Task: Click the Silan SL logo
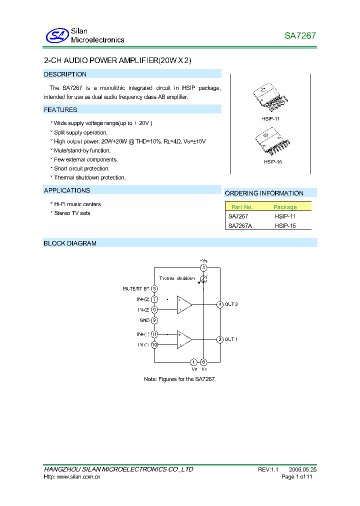pyautogui.click(x=56, y=35)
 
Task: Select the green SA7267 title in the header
pyautogui.click(x=300, y=36)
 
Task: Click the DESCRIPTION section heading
pyautogui.click(x=65, y=74)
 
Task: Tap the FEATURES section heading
pyautogui.click(x=60, y=110)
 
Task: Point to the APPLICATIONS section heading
pyautogui.click(x=67, y=190)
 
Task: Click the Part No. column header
pyautogui.click(x=242, y=207)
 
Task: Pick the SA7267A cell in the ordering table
pyautogui.click(x=240, y=225)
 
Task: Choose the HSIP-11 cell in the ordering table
pyautogui.click(x=285, y=216)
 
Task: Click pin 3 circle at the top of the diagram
pyautogui.click(x=203, y=268)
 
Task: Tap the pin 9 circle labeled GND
pyautogui.click(x=154, y=320)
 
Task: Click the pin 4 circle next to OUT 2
pyautogui.click(x=219, y=304)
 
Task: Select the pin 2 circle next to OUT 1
pyautogui.click(x=219, y=339)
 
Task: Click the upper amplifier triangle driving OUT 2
pyautogui.click(x=184, y=304)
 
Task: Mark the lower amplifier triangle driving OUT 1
pyautogui.click(x=184, y=339)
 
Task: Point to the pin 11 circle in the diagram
pyautogui.click(x=154, y=334)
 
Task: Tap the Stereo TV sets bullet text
pyautogui.click(x=72, y=213)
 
